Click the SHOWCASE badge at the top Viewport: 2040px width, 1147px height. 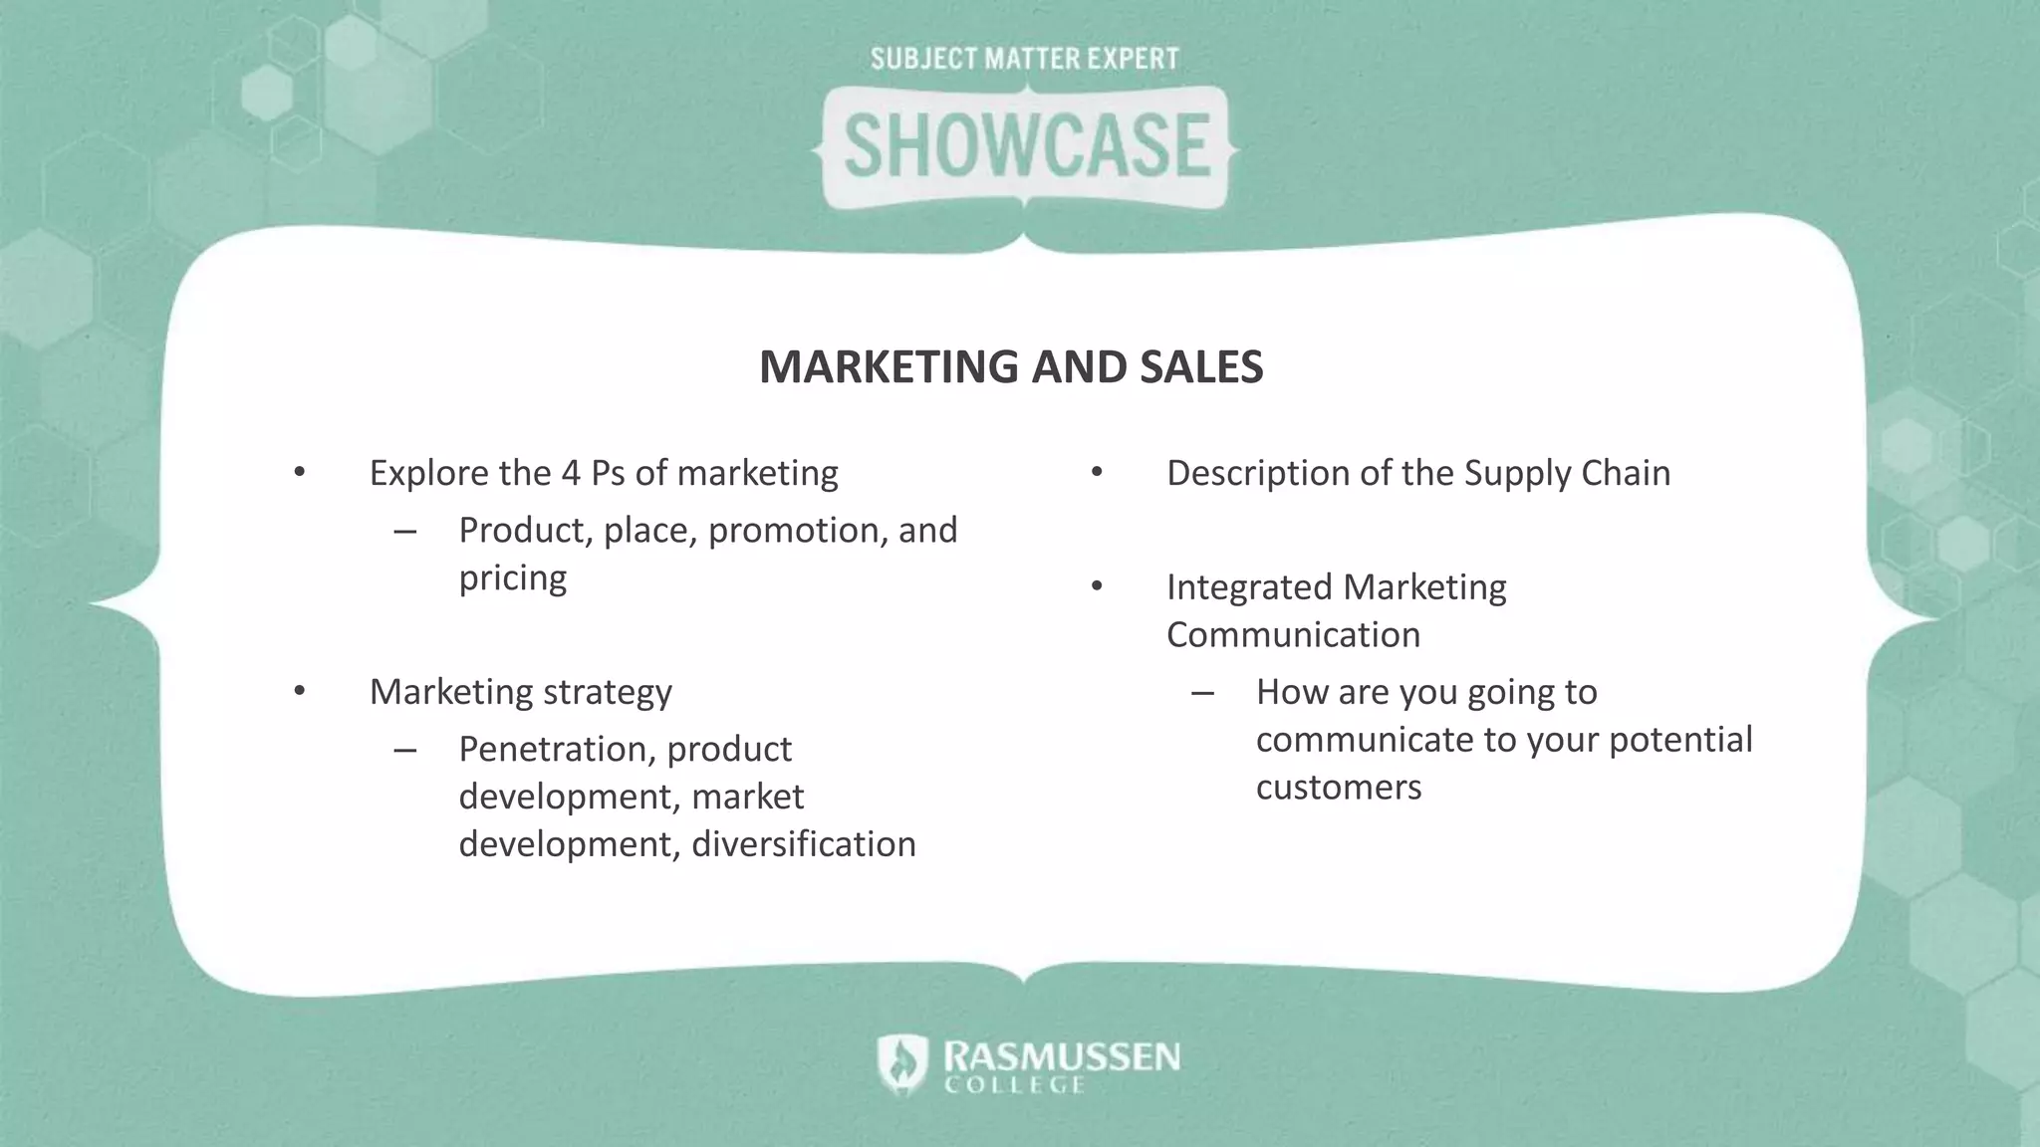[x=1026, y=146]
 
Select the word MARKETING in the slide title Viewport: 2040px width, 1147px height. [x=889, y=366]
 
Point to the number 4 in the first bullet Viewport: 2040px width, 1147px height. [x=571, y=473]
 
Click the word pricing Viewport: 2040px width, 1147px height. [x=512, y=578]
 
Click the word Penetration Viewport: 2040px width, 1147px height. [x=555, y=749]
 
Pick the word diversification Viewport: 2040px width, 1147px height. [x=803, y=844]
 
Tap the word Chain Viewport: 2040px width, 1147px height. [x=1626, y=473]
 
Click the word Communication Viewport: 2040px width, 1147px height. [x=1293, y=635]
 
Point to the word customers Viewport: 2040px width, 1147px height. [x=1338, y=788]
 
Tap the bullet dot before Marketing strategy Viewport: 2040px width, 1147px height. [x=300, y=690]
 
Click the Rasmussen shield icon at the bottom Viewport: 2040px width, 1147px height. [x=902, y=1063]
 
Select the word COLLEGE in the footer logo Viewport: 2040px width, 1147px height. [x=1014, y=1086]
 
